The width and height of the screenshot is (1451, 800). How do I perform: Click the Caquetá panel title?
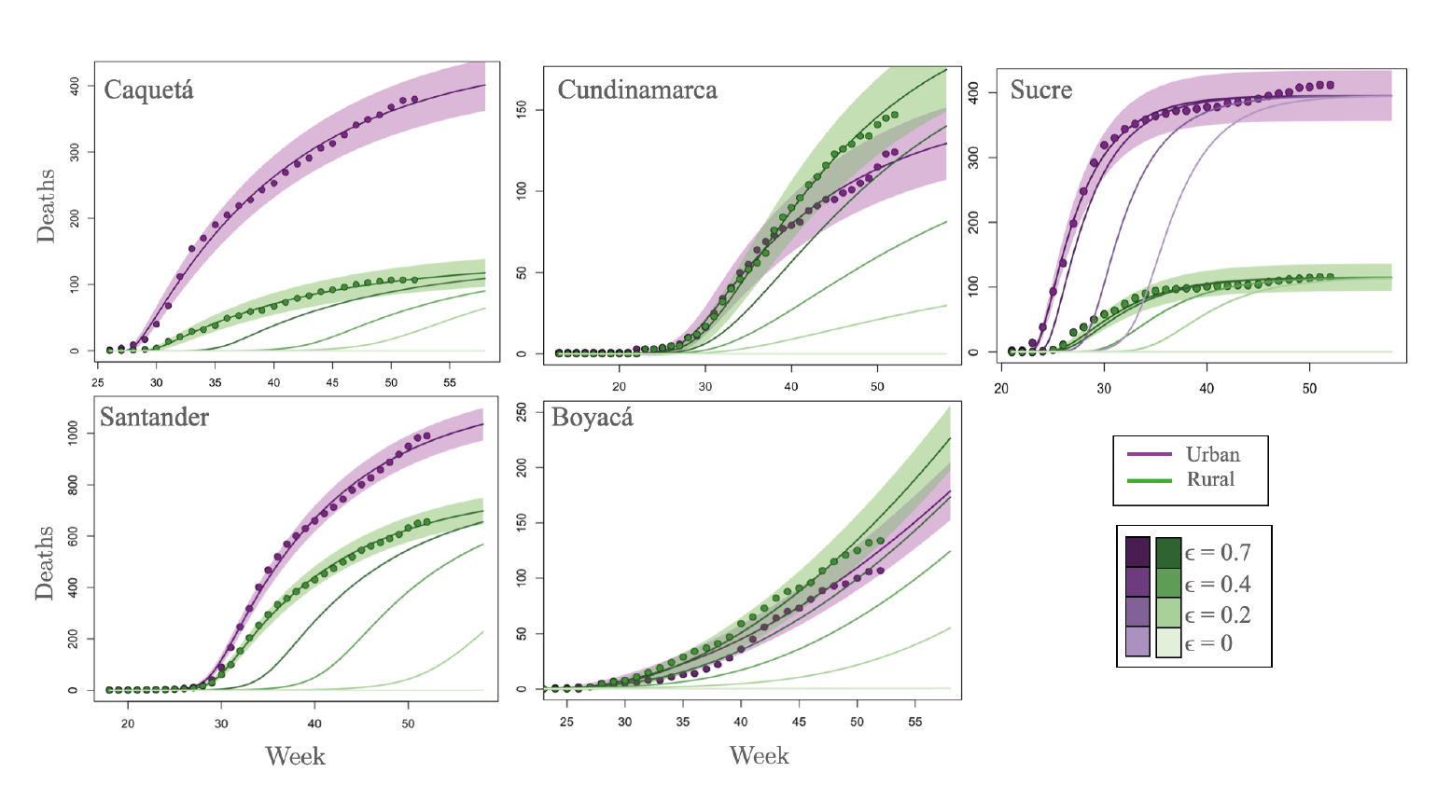(148, 90)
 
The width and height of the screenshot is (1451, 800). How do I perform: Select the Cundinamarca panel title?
(637, 90)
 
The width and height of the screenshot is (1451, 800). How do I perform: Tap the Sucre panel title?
(1041, 90)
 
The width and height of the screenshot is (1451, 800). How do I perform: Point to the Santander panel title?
(154, 417)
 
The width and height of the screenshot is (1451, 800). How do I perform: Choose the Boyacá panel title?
(593, 417)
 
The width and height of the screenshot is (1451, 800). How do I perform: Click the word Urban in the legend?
(1212, 455)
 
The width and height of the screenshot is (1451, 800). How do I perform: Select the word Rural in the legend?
(1210, 479)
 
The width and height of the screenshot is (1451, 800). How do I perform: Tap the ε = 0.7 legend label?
(1218, 553)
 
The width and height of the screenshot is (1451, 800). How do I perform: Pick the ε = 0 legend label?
(1208, 643)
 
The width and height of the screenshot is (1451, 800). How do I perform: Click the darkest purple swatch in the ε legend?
(1137, 552)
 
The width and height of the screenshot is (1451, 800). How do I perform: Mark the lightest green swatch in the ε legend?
(1168, 642)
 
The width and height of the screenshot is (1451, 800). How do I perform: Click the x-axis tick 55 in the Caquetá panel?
(449, 383)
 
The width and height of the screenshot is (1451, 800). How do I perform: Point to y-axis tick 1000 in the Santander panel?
(74, 434)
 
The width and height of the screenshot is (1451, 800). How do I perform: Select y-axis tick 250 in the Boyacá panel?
(523, 412)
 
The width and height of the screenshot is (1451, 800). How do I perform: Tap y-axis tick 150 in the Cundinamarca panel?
(523, 110)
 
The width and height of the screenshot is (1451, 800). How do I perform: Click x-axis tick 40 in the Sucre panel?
(1207, 388)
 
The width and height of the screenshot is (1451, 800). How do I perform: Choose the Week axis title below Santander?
(295, 755)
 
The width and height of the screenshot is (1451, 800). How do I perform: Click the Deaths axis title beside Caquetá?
(45, 206)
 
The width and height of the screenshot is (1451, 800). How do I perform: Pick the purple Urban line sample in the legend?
(1149, 455)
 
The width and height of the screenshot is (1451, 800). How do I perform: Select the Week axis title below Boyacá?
(760, 755)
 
